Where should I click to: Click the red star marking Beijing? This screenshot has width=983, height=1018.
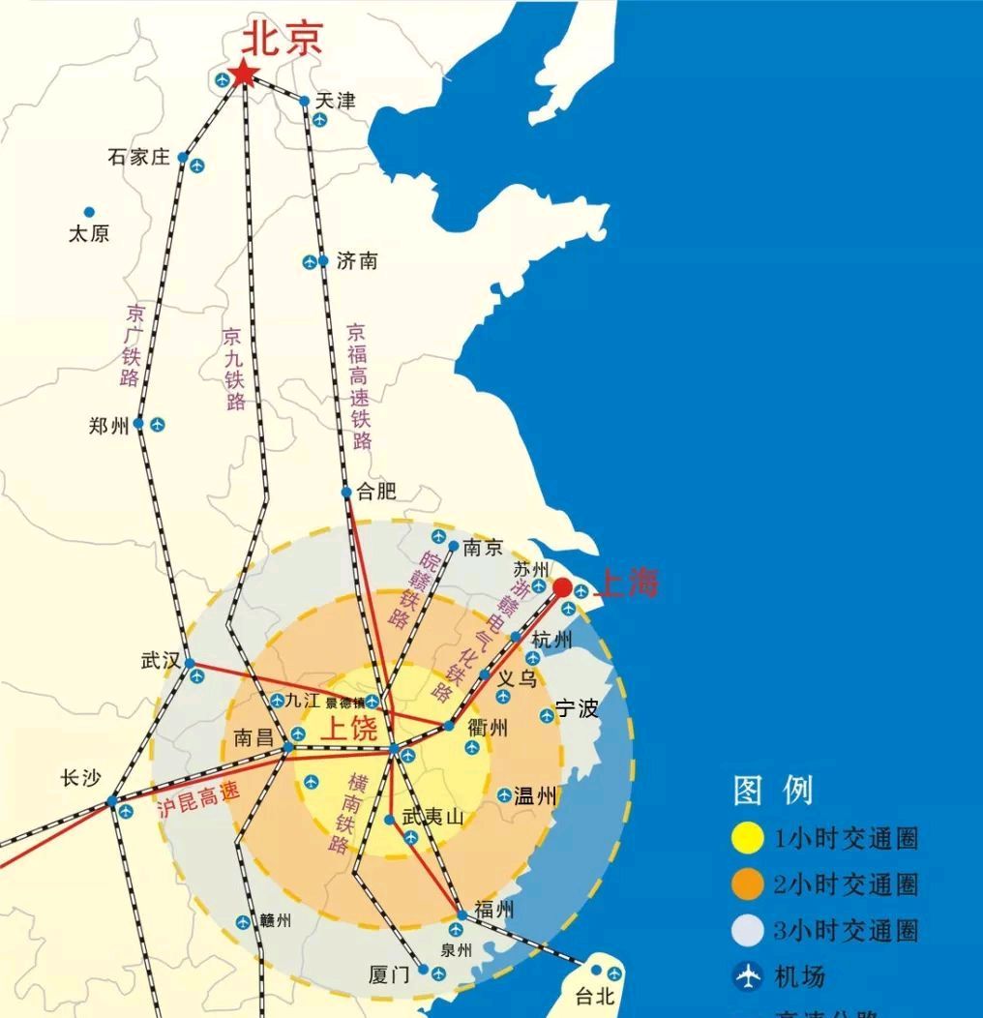tap(242, 75)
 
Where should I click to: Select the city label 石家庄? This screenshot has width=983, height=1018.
tap(138, 157)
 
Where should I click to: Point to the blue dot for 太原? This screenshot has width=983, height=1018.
tap(89, 212)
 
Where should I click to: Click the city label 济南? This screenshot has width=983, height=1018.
tap(356, 261)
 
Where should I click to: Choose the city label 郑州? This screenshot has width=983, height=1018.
tap(108, 426)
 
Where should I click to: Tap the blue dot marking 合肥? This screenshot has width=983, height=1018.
tap(346, 493)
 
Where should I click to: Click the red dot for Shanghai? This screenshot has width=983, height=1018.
tap(562, 587)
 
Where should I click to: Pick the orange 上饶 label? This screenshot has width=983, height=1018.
tap(349, 729)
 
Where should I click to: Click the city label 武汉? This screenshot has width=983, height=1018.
tap(161, 661)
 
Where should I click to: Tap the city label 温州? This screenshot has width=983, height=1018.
tap(536, 796)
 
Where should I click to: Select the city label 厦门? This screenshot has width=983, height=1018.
tap(391, 974)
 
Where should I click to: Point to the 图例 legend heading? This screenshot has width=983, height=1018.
tap(773, 791)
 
